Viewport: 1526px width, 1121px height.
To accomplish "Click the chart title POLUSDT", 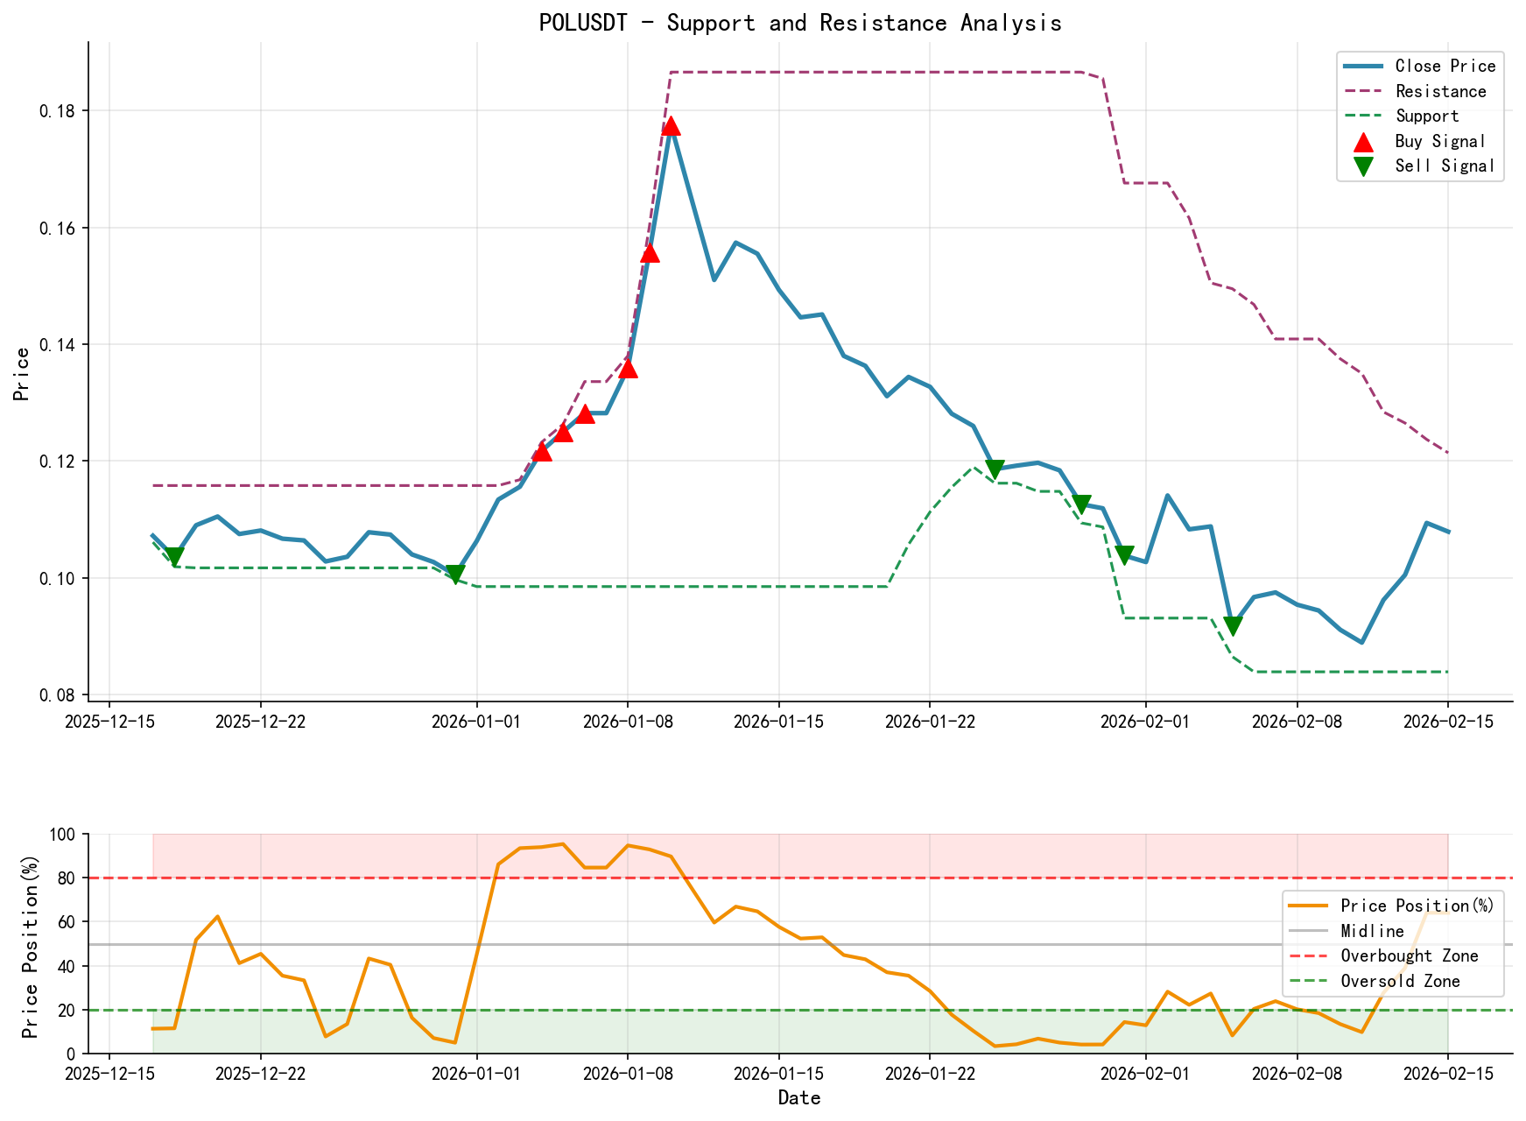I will click(799, 23).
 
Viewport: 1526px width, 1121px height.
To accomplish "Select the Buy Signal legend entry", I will click(1439, 141).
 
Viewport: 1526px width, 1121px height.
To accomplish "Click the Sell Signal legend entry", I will click(1444, 166).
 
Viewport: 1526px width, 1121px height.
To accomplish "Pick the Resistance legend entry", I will click(1440, 91).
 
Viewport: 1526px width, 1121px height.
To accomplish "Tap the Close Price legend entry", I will click(1445, 66).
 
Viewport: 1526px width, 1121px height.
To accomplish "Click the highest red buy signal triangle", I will click(671, 126).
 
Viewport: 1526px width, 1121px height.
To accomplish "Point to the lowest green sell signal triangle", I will click(1232, 626).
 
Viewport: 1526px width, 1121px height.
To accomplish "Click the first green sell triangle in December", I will click(174, 556).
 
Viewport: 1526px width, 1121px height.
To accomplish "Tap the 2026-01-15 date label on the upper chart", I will click(778, 721).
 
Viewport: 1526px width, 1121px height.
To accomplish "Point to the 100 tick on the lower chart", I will click(63, 835).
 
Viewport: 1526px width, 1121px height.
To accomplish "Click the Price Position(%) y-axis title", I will click(31, 943).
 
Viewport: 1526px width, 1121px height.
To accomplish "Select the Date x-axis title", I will click(799, 1097).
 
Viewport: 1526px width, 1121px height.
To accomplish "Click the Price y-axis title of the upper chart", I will click(22, 374).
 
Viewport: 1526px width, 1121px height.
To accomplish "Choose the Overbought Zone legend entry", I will click(1409, 956).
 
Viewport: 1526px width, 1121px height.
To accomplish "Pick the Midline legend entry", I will click(1372, 931).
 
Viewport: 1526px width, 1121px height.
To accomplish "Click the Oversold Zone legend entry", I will click(1400, 981).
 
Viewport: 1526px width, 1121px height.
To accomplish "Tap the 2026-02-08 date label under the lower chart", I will click(1297, 1074).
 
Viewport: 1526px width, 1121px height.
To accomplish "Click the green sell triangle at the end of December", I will click(454, 575).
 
